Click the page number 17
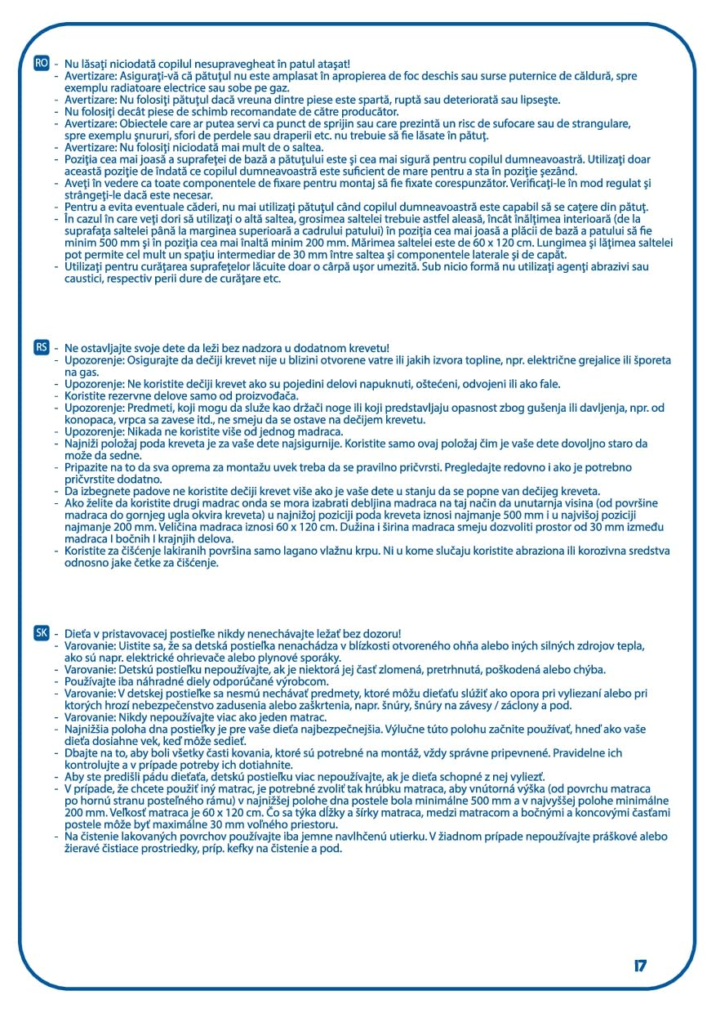[639, 966]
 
